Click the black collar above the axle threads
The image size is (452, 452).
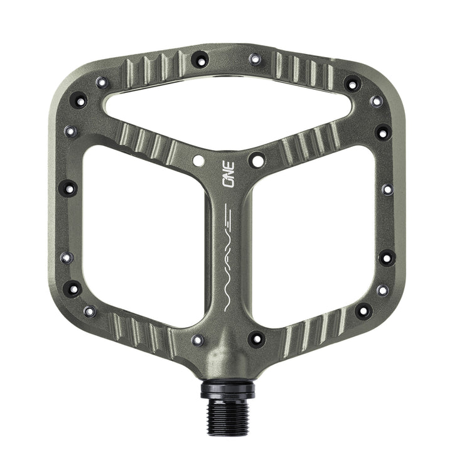[x=228, y=389]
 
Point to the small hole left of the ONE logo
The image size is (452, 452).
[x=198, y=161]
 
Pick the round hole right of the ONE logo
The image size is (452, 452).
[x=257, y=161]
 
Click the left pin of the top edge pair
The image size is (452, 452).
[x=200, y=60]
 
